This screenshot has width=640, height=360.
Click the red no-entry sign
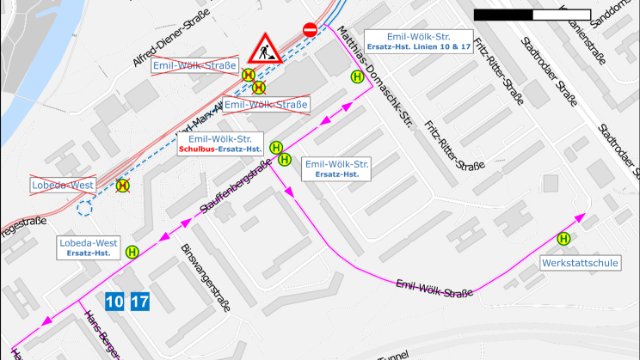tap(309, 30)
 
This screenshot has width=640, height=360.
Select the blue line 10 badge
tap(114, 301)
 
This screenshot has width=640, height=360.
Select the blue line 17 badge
tap(140, 301)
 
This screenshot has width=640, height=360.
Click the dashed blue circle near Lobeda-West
tap(84, 207)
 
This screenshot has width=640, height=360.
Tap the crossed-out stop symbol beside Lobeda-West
tap(122, 185)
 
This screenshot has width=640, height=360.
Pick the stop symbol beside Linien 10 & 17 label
tap(356, 75)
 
